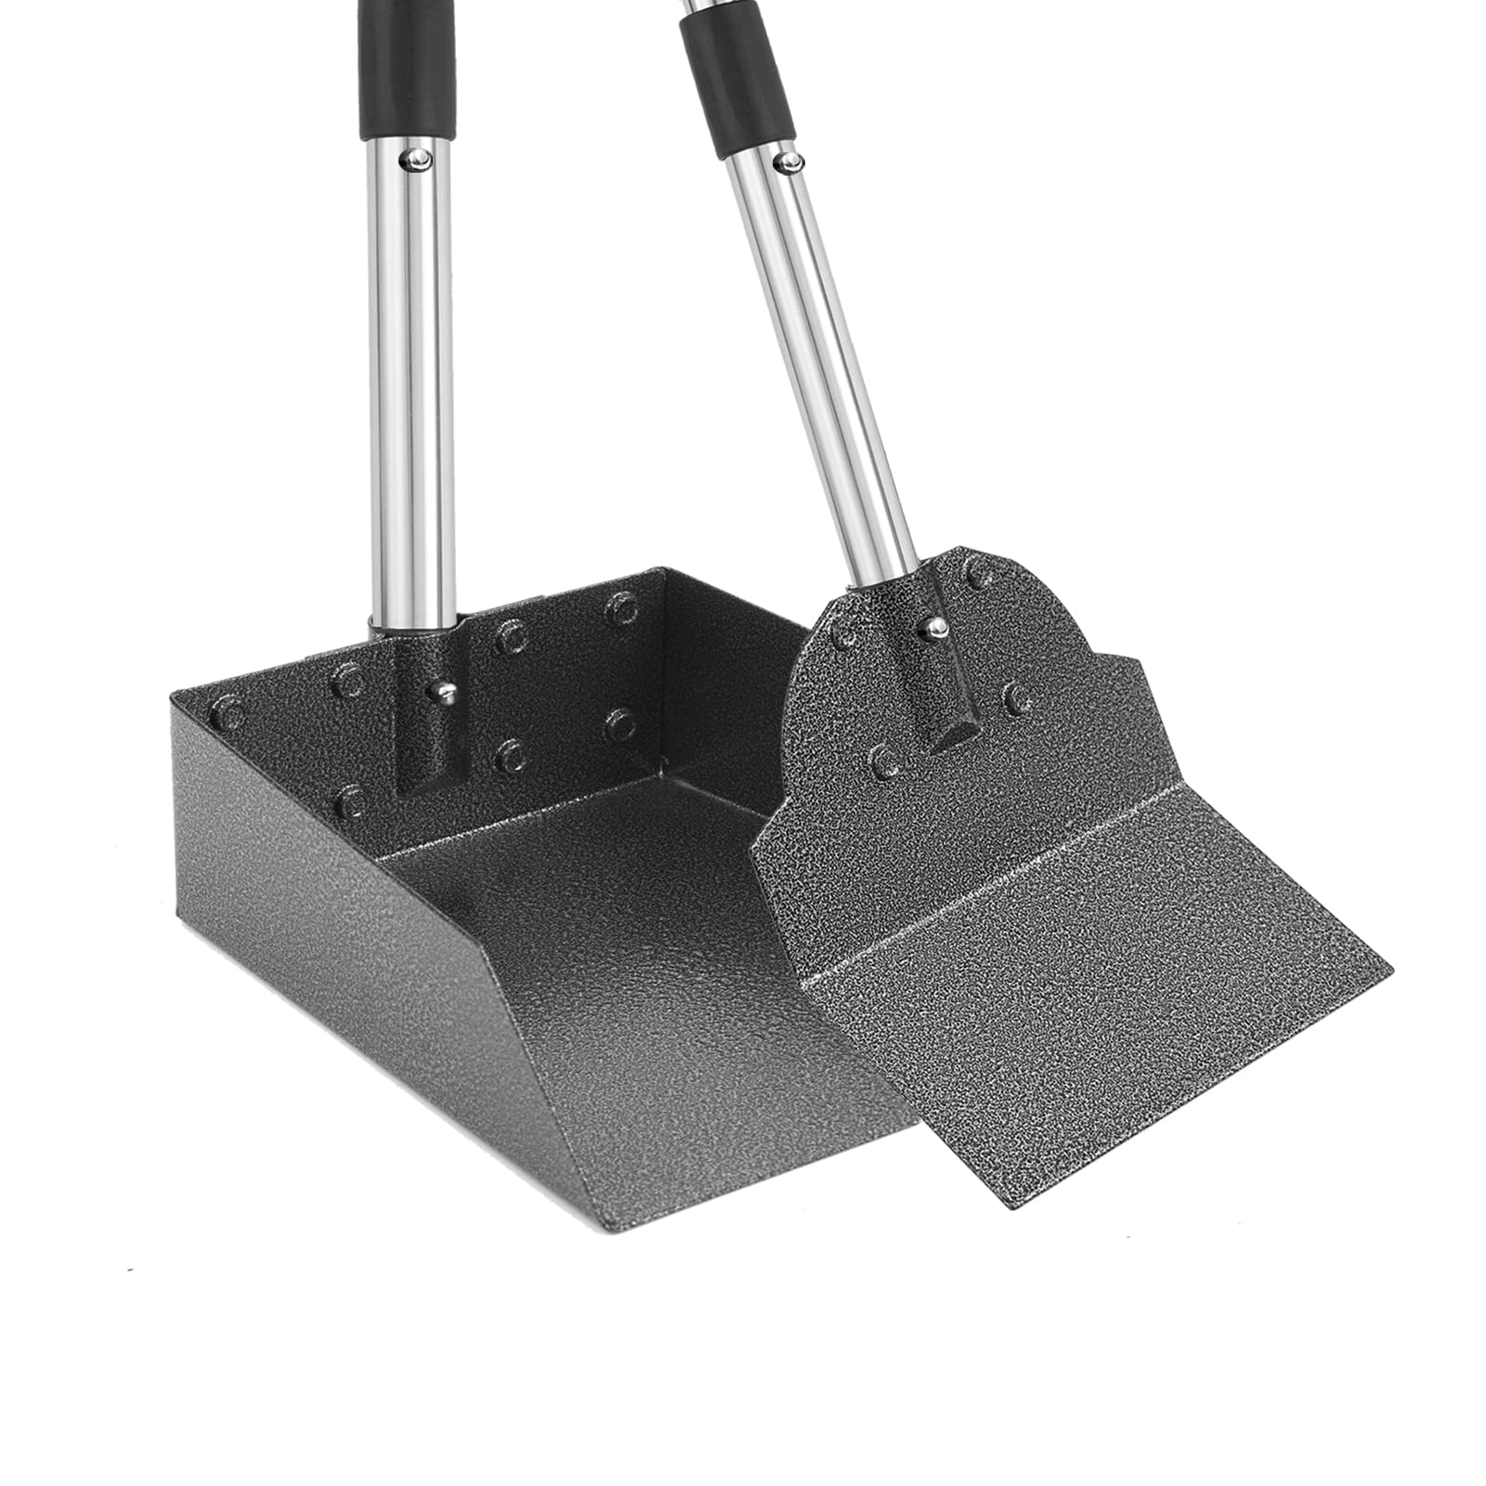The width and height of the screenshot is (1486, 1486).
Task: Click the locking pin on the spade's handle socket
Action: coord(932,629)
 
